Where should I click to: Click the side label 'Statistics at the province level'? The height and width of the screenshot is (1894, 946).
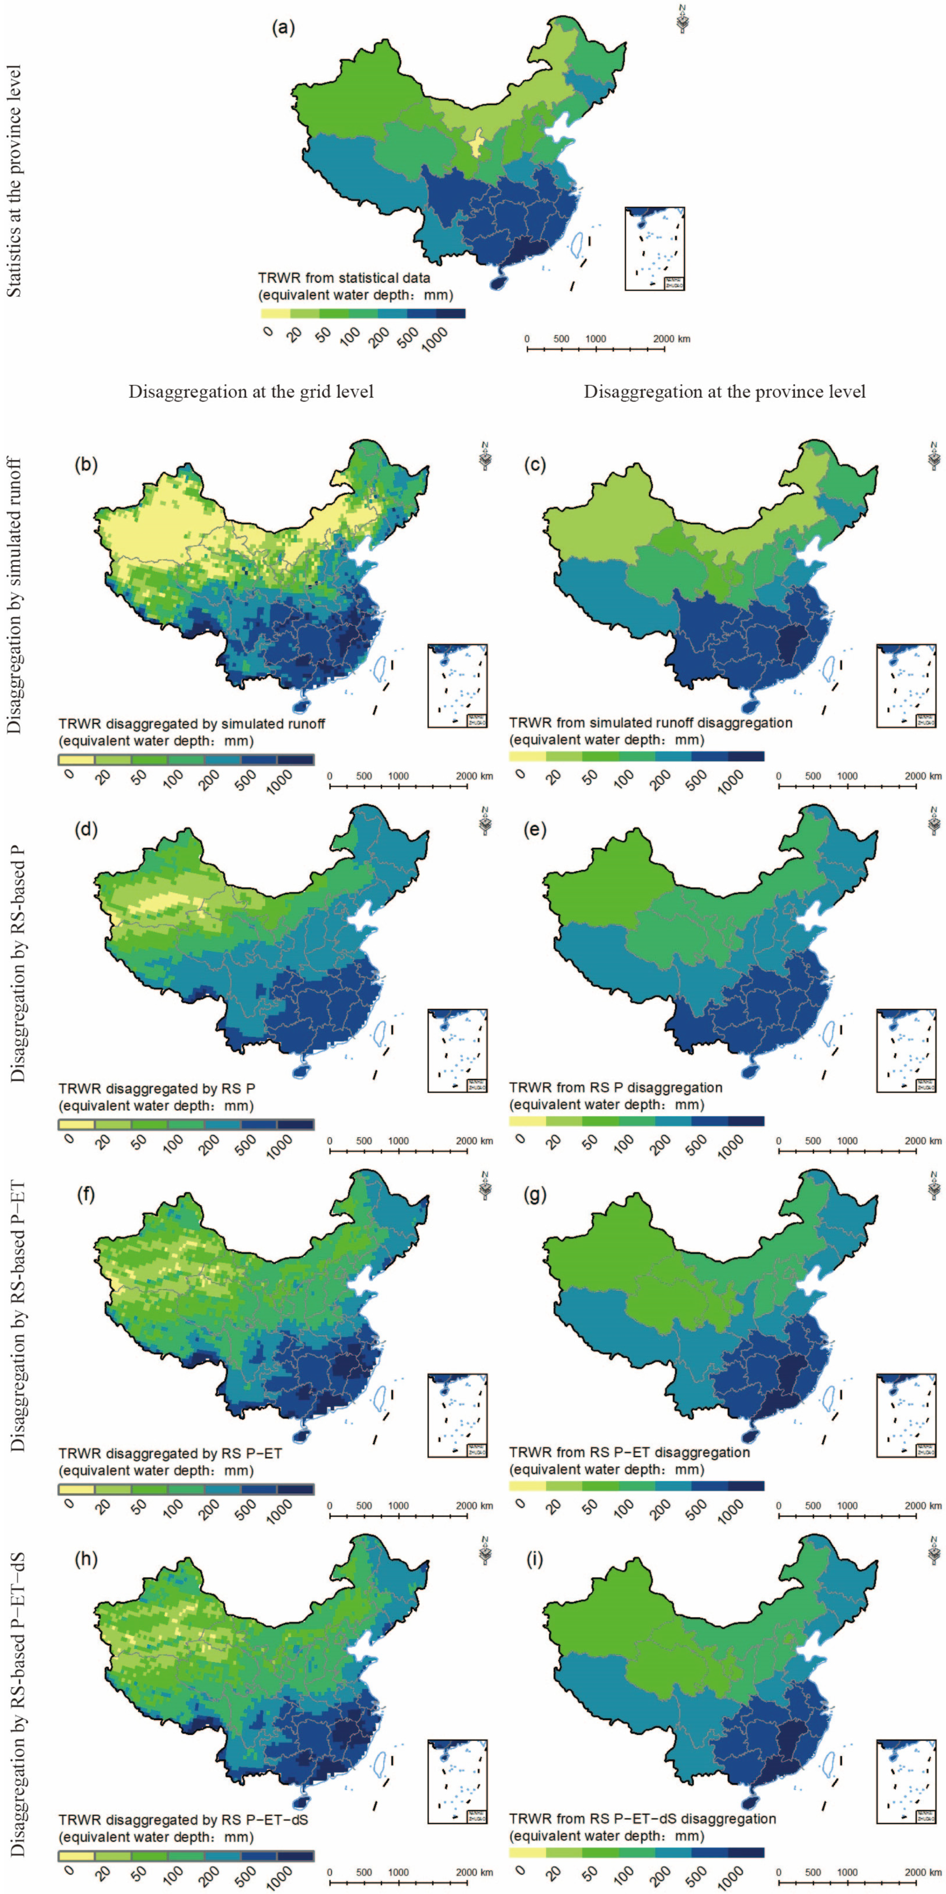[x=15, y=181]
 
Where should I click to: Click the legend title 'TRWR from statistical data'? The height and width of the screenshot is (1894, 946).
[x=344, y=279]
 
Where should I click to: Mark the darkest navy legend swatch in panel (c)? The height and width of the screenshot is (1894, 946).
[x=746, y=756]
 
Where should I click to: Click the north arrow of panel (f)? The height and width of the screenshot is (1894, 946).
[x=484, y=1185]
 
